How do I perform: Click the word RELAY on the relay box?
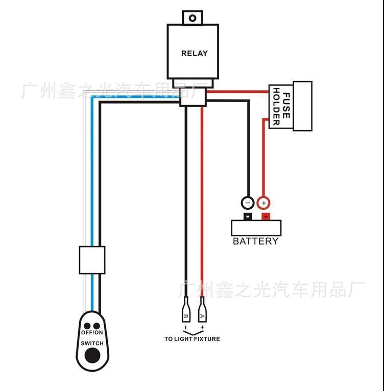(x=195, y=53)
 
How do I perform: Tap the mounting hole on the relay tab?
(x=193, y=18)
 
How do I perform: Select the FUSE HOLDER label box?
(x=281, y=106)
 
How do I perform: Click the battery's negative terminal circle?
(x=247, y=203)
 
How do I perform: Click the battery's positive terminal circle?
(x=263, y=203)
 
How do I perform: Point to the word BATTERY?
(x=256, y=241)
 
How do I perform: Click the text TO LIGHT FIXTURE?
(x=192, y=339)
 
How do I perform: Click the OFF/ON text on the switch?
(x=92, y=333)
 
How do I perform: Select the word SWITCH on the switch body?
(x=92, y=343)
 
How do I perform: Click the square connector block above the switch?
(x=92, y=260)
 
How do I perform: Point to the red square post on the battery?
(x=266, y=216)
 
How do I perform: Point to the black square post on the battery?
(x=248, y=216)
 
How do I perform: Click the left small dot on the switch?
(x=87, y=326)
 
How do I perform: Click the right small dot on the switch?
(x=96, y=326)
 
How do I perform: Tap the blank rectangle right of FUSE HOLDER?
(x=302, y=106)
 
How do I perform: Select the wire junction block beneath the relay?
(x=194, y=97)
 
